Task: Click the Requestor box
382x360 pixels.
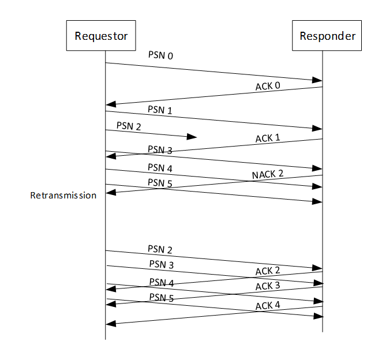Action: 101,36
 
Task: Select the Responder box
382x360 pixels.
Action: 327,36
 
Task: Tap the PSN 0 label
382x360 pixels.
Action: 160,57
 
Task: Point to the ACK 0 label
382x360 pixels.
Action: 267,87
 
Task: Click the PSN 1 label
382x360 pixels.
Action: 160,110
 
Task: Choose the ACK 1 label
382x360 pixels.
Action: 267,139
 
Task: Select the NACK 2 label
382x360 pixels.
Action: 267,174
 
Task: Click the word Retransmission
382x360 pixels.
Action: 63,196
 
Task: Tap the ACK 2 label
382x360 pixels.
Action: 267,271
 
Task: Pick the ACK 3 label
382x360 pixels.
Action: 267,286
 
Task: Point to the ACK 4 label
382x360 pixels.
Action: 267,306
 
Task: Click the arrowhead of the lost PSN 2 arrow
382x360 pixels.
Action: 192,137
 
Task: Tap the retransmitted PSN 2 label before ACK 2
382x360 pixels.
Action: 160,249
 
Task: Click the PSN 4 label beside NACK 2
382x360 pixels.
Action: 160,168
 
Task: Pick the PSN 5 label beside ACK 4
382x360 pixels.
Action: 161,298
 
